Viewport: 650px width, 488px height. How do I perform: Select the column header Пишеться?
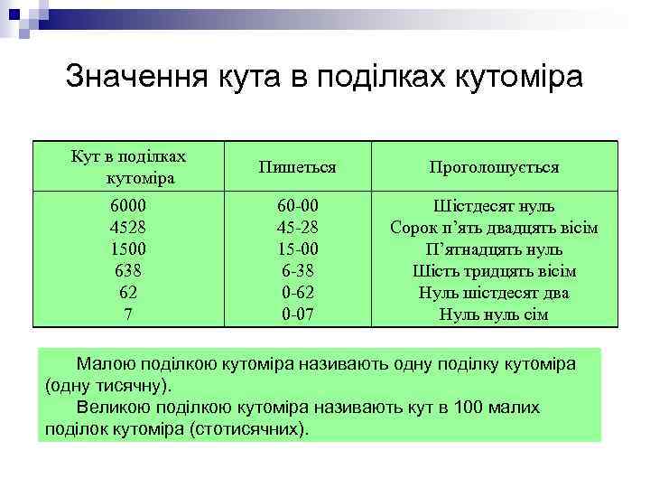point(297,167)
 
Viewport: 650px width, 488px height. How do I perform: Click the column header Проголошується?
point(494,167)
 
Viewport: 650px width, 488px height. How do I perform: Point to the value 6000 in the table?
point(127,206)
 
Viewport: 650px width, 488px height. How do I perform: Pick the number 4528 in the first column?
point(127,228)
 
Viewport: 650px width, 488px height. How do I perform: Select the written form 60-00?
point(298,206)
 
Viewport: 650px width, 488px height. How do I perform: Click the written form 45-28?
point(298,228)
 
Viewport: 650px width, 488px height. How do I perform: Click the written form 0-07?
point(298,314)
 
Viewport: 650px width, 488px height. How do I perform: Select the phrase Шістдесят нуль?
point(494,206)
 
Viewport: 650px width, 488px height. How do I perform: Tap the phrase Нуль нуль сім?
point(494,314)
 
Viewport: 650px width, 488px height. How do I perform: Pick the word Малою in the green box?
point(106,364)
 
